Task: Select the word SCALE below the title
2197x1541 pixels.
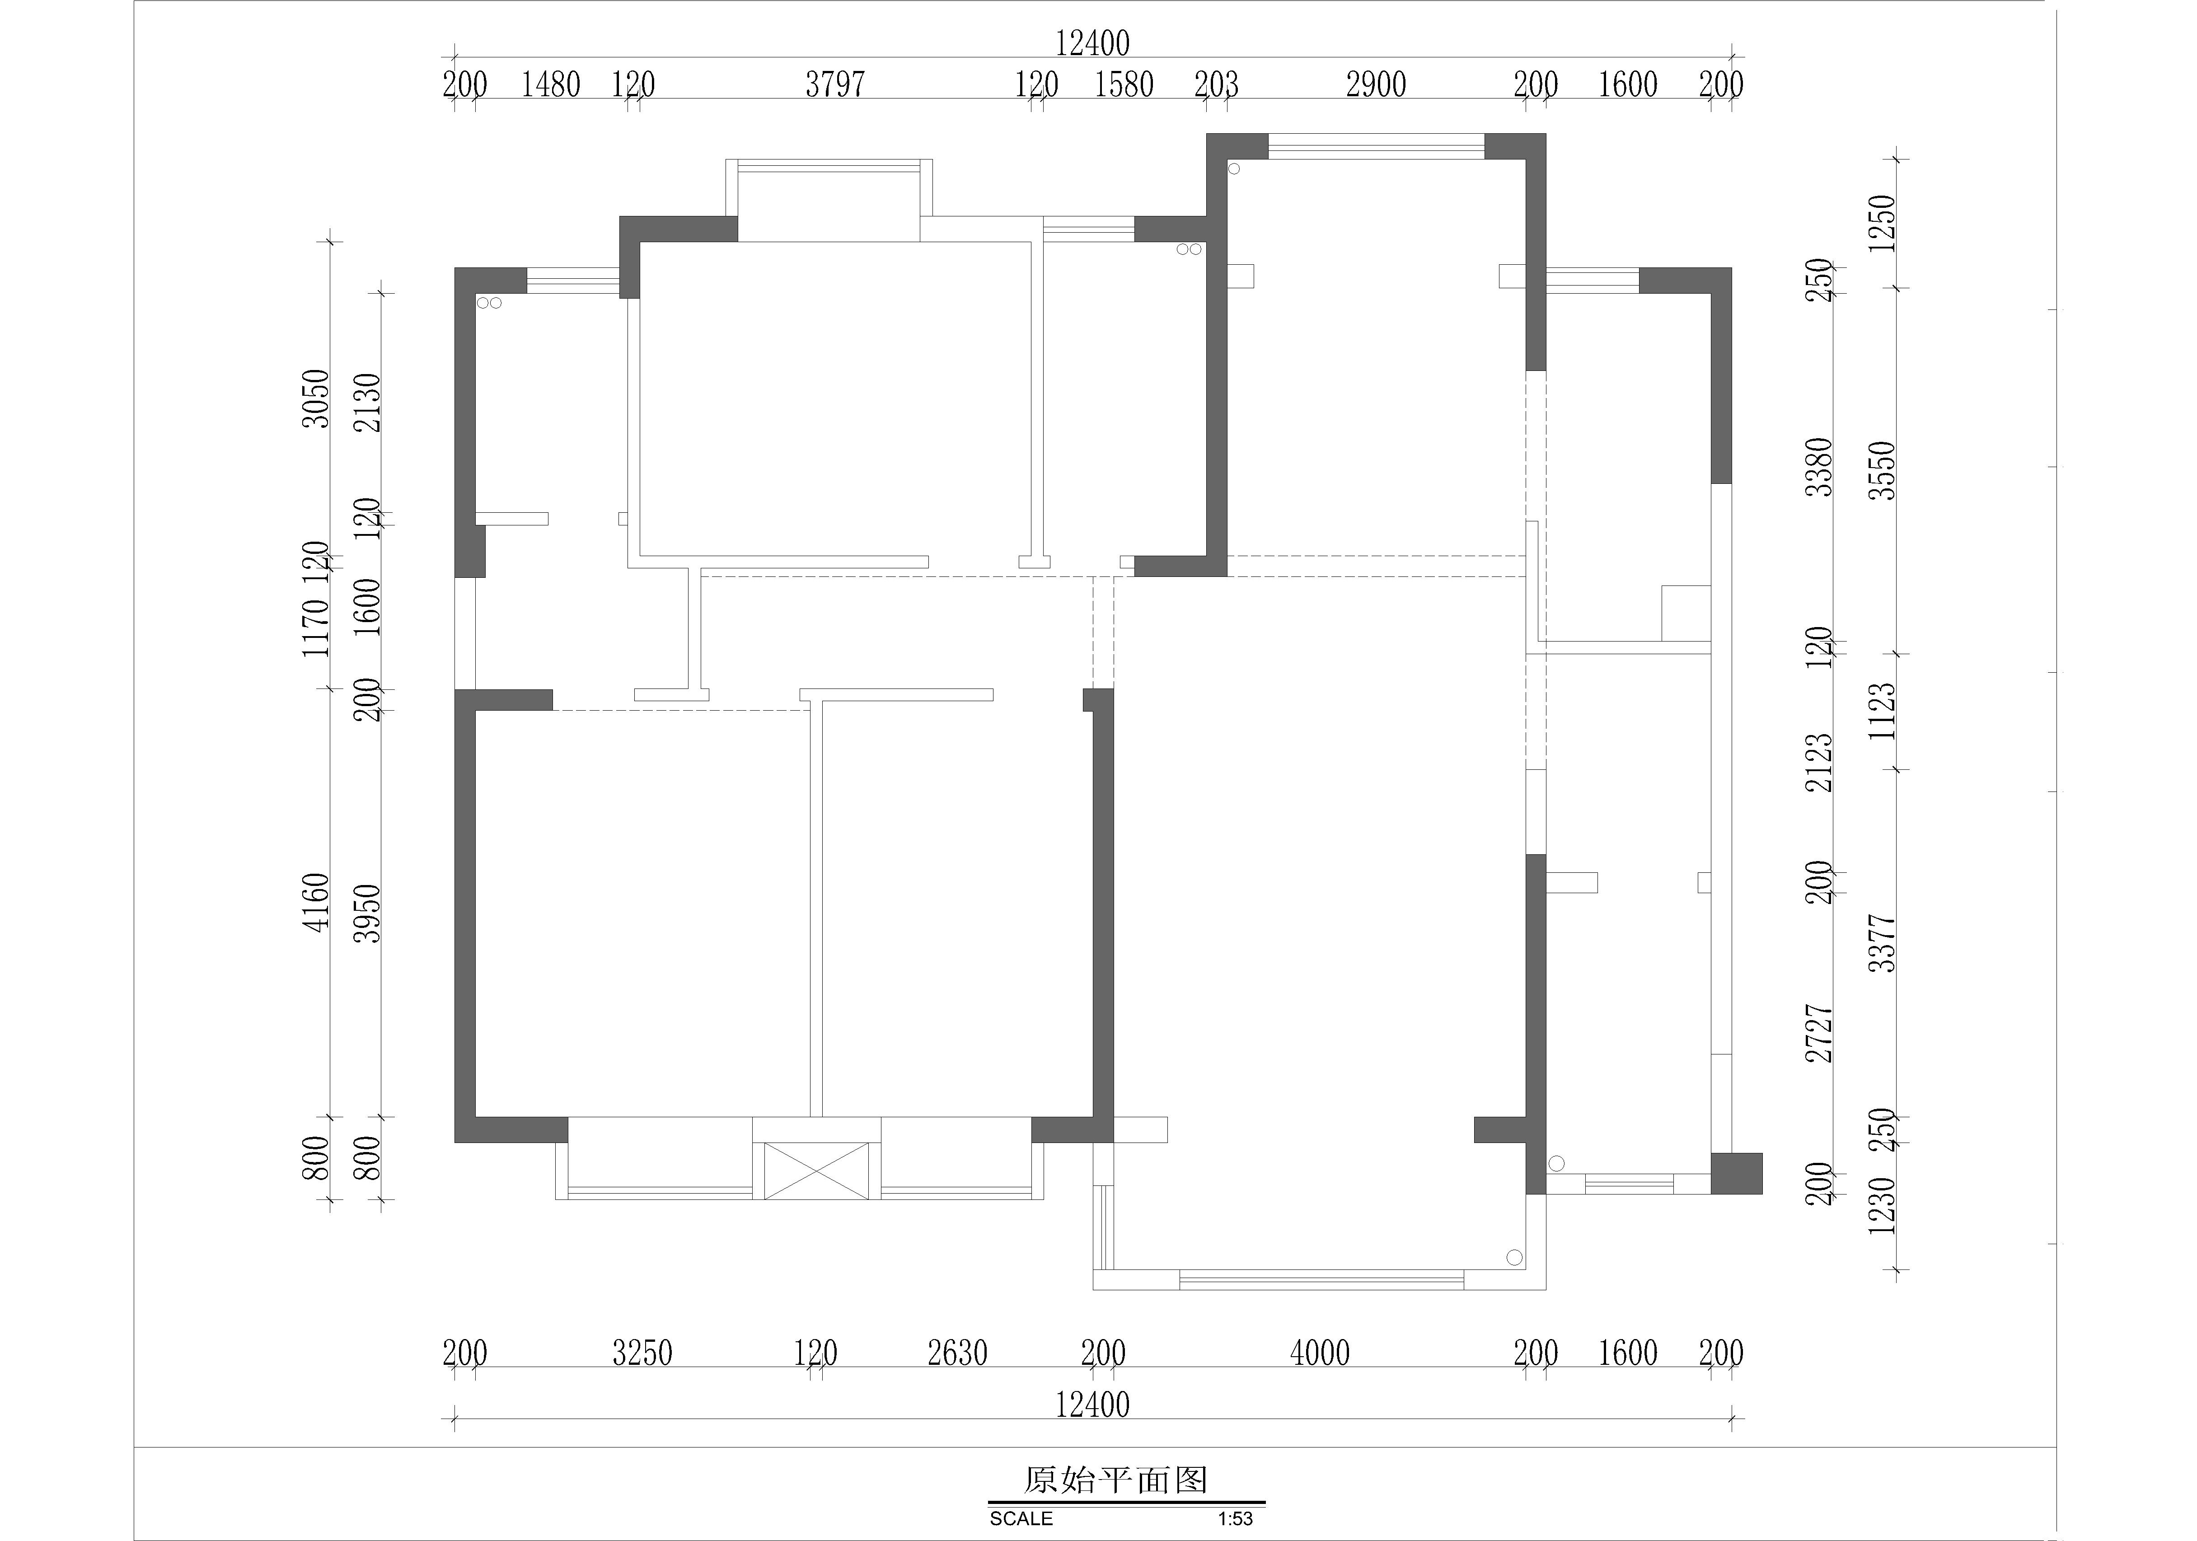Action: tap(1021, 1519)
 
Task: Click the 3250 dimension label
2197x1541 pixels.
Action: tap(642, 1354)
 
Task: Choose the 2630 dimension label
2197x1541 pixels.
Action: tap(957, 1354)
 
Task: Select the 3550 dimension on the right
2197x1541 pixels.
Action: tap(1882, 470)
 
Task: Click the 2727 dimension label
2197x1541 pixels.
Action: tap(1819, 1034)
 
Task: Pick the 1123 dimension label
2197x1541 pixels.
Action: tap(1882, 711)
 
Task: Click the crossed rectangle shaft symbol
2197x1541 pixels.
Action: tap(816, 1171)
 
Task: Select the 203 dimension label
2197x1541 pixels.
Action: tap(1216, 85)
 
